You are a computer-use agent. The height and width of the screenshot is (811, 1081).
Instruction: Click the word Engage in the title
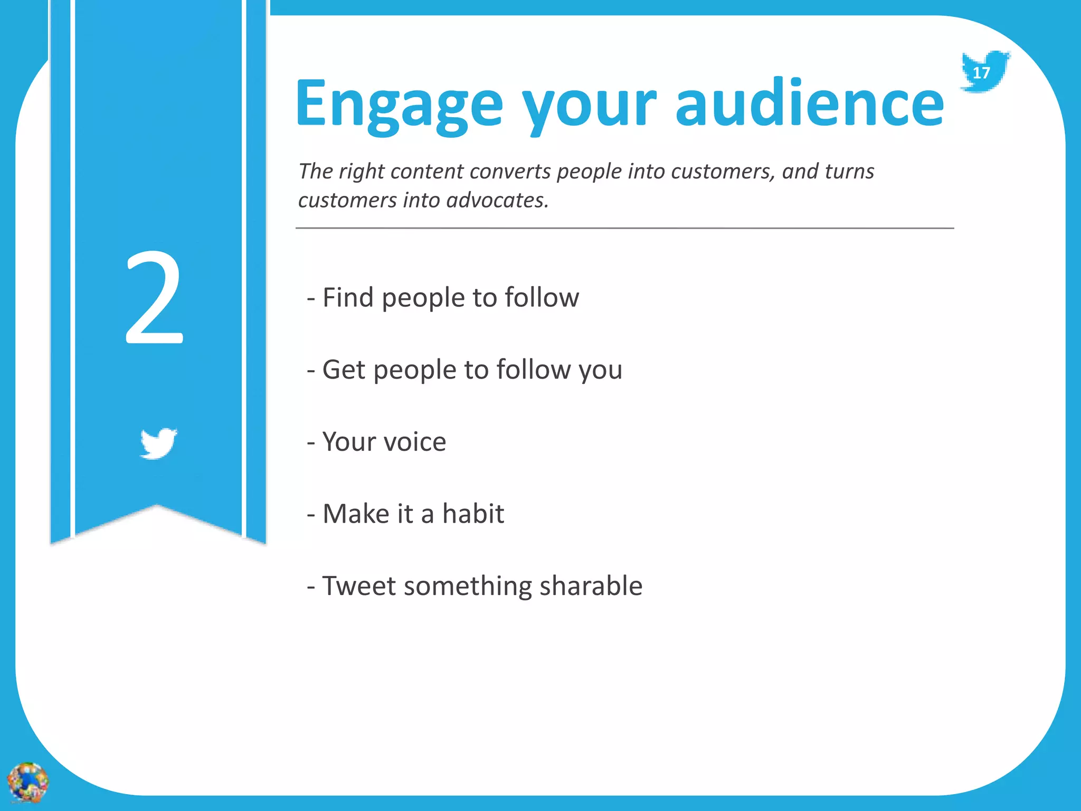pyautogui.click(x=399, y=104)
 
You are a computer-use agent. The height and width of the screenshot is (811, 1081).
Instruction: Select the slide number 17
pyautogui.click(x=981, y=73)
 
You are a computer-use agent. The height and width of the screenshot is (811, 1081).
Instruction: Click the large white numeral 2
pyautogui.click(x=154, y=298)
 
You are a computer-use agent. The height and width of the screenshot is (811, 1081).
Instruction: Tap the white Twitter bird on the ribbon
pyautogui.click(x=158, y=443)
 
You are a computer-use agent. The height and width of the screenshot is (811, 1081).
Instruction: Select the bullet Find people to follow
pyautogui.click(x=443, y=298)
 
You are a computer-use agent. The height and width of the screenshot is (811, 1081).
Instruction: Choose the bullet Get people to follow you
pyautogui.click(x=464, y=370)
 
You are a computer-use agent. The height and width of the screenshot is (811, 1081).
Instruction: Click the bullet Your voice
pyautogui.click(x=376, y=441)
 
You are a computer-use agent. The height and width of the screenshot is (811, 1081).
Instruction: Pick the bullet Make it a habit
pyautogui.click(x=405, y=514)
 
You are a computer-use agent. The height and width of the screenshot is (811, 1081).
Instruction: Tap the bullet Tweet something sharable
pyautogui.click(x=475, y=586)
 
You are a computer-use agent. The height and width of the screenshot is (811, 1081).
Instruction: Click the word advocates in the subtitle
pyautogui.click(x=496, y=201)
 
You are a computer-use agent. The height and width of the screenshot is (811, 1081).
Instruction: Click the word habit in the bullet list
pyautogui.click(x=473, y=514)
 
